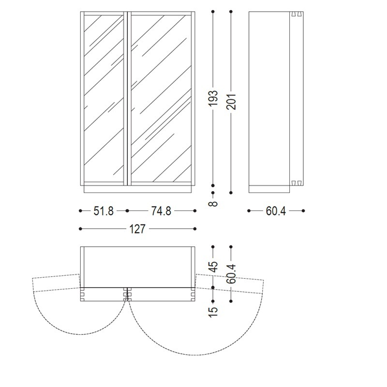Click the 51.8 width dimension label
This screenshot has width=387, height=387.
tap(104, 211)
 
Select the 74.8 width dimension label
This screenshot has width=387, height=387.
tap(161, 211)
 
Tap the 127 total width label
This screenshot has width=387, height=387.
tap(137, 229)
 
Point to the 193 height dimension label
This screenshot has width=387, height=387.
tap(213, 98)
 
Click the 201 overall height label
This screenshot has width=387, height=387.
tap(231, 102)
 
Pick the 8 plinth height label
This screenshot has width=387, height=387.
tap(213, 203)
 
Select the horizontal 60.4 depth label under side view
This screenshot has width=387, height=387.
tap(276, 211)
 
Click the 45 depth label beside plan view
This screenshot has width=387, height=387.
tap(213, 267)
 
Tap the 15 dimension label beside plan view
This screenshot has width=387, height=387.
tap(213, 312)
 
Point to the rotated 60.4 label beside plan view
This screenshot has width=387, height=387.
tap(231, 274)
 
